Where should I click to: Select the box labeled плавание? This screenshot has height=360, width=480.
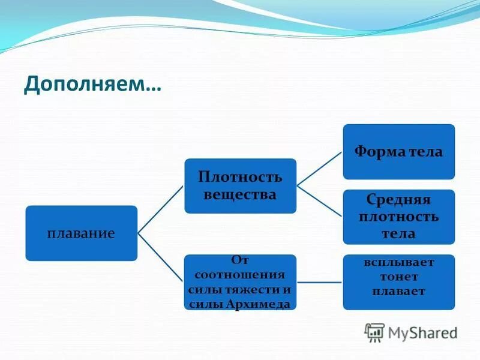pos(81,233)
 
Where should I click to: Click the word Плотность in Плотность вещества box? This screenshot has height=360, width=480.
pos(240,177)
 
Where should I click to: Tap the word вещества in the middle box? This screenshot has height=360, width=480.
pos(240,195)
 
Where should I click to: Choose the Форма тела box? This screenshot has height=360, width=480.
pos(398,152)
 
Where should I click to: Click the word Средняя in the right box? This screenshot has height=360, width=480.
pos(399,199)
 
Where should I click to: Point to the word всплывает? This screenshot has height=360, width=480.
pos(398,263)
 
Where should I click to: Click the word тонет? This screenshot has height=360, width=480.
pos(398,277)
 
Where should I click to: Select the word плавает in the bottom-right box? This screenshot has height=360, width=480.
pos(398,292)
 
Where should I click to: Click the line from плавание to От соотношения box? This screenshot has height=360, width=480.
pos(161,257)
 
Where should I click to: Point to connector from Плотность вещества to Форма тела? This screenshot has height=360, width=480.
pos(320,168)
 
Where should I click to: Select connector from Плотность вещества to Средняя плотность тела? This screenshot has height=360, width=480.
pos(320,202)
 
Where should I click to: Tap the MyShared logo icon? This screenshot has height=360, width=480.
pos(375,332)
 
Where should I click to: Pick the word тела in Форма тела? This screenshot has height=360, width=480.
pos(427,152)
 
